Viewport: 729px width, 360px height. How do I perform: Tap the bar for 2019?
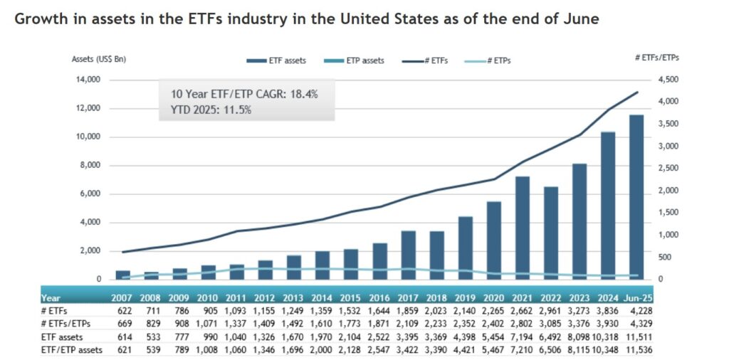click(465, 248)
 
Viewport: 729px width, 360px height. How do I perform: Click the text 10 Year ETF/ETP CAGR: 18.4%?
click(244, 94)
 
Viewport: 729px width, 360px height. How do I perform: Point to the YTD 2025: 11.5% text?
click(211, 110)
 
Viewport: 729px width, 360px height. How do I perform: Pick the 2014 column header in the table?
click(322, 298)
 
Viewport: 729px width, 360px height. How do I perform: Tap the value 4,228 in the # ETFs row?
click(638, 311)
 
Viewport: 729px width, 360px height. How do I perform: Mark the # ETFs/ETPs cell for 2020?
click(493, 324)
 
